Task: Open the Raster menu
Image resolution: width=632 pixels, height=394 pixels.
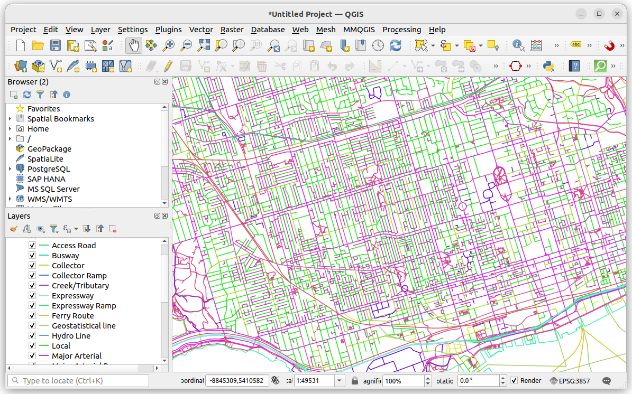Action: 232,30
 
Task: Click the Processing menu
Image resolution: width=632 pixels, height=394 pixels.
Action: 401,30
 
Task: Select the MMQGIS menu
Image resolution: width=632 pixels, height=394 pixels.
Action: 360,30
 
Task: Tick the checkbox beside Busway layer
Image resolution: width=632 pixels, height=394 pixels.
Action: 32,256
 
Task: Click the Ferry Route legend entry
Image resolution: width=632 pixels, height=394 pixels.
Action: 72,316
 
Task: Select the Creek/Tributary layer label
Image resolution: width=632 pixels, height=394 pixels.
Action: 80,286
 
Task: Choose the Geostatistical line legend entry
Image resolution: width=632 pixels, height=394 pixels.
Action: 84,326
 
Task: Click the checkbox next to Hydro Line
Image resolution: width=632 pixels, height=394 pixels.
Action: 32,336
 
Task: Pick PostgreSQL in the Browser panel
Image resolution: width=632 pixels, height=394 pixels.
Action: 48,169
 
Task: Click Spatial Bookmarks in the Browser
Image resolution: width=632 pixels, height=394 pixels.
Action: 60,119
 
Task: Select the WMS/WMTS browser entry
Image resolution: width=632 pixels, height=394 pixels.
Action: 50,199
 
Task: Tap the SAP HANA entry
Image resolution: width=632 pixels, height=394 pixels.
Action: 46,179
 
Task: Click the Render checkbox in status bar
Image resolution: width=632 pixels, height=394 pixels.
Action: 514,381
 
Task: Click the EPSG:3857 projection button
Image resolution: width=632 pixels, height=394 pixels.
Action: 570,381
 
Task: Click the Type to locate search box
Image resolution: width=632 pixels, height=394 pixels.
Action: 78,381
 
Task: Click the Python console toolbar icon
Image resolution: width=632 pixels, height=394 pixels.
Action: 548,66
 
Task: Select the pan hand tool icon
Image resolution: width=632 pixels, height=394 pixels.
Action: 133,46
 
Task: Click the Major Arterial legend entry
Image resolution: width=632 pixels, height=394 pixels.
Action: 77,356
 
